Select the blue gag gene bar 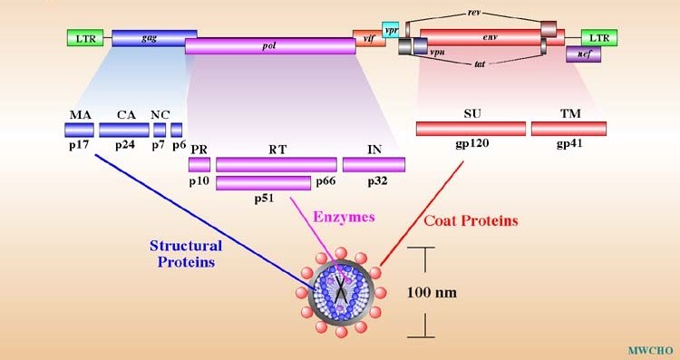(150, 37)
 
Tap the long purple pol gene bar (270, 45)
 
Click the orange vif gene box (369, 38)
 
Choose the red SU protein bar (471, 129)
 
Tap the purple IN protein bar (374, 164)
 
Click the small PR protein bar (199, 164)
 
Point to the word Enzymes (343, 218)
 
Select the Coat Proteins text (471, 220)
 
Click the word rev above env (474, 13)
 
